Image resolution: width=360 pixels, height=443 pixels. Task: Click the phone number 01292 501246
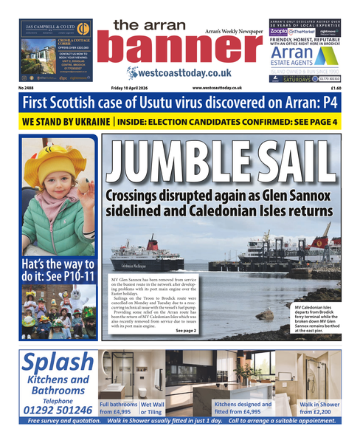tap(58, 408)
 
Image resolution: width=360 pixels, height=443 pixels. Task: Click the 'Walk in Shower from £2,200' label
tap(319, 408)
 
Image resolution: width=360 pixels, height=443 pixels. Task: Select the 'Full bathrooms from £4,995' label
tap(117, 408)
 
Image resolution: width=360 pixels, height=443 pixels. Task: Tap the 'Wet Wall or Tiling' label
tap(152, 408)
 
